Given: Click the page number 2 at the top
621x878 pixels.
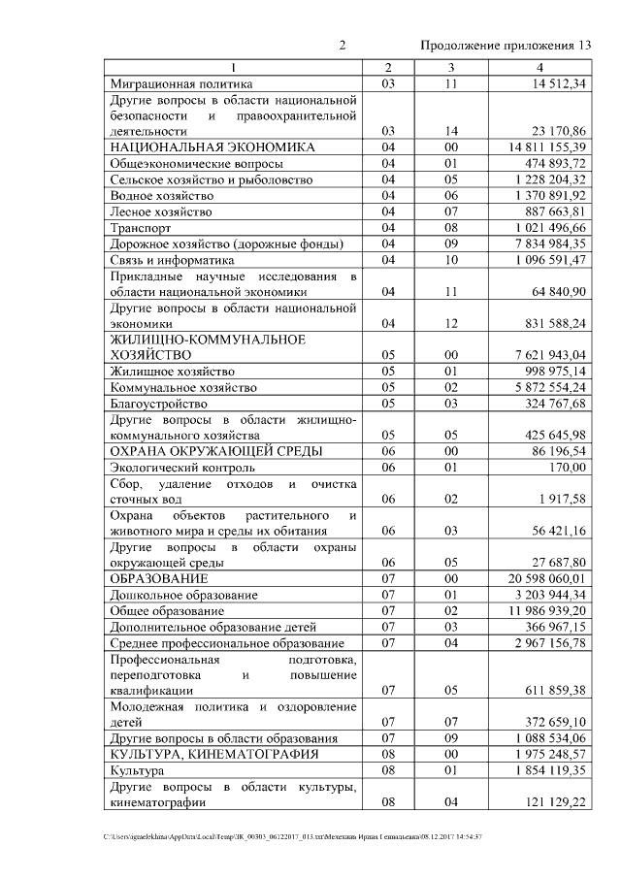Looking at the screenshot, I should (x=343, y=46).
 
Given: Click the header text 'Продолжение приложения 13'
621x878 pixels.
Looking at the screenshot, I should (x=506, y=46).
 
